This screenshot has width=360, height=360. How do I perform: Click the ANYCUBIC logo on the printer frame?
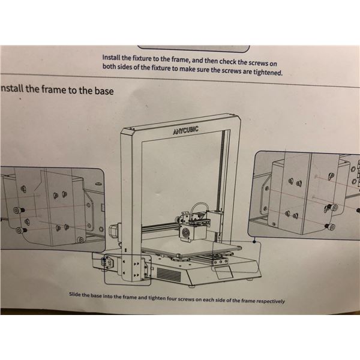pos(186,130)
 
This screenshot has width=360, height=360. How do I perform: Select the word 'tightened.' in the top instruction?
pos(268,73)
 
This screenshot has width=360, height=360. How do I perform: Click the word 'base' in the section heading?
pos(104,91)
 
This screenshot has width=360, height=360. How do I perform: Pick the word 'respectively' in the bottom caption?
pos(271,301)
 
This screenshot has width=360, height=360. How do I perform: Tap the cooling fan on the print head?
pos(185,233)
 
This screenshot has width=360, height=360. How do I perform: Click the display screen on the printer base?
pos(222,272)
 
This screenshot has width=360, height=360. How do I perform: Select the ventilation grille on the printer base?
pos(169,275)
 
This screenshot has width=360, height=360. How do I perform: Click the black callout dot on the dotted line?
pos(254,242)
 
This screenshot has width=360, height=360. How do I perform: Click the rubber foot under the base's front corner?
pos(192,286)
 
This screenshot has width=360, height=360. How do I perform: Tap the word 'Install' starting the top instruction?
pos(111,57)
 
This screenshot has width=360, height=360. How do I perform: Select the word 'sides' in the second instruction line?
pos(125,67)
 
